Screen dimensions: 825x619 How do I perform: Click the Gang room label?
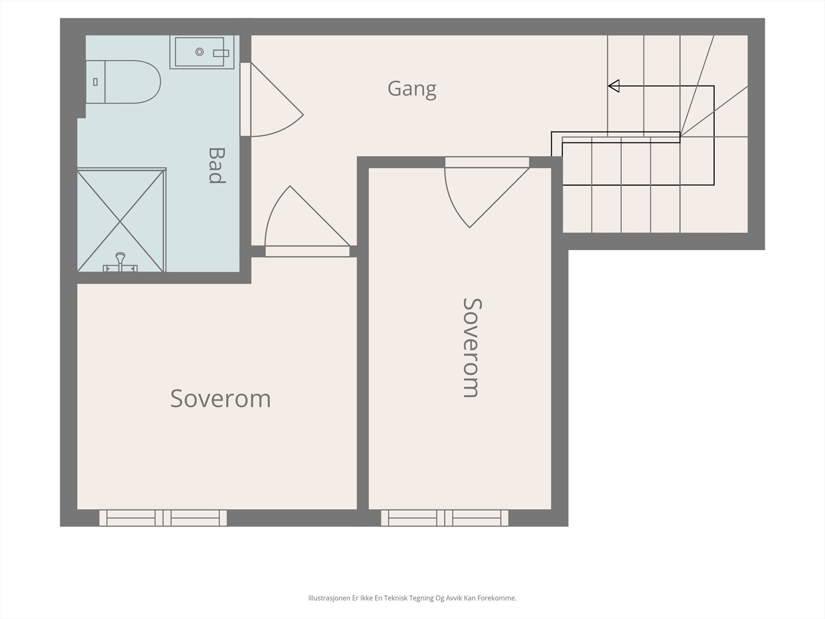412,89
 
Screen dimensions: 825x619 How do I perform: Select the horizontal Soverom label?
221,398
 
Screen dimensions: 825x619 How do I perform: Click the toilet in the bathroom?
123,82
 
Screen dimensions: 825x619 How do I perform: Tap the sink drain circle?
200,52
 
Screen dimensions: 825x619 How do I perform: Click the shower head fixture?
120,261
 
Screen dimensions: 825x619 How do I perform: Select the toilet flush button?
95,82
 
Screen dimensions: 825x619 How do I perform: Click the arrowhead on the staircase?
614,86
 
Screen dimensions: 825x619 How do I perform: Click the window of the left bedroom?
163,518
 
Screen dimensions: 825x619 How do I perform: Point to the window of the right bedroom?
444,518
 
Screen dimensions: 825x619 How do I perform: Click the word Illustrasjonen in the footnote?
329,598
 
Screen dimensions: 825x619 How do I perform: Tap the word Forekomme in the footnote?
497,598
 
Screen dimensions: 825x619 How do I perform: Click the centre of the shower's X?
120,221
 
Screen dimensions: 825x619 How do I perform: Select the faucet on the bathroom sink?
221,53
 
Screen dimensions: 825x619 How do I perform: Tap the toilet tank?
95,82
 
